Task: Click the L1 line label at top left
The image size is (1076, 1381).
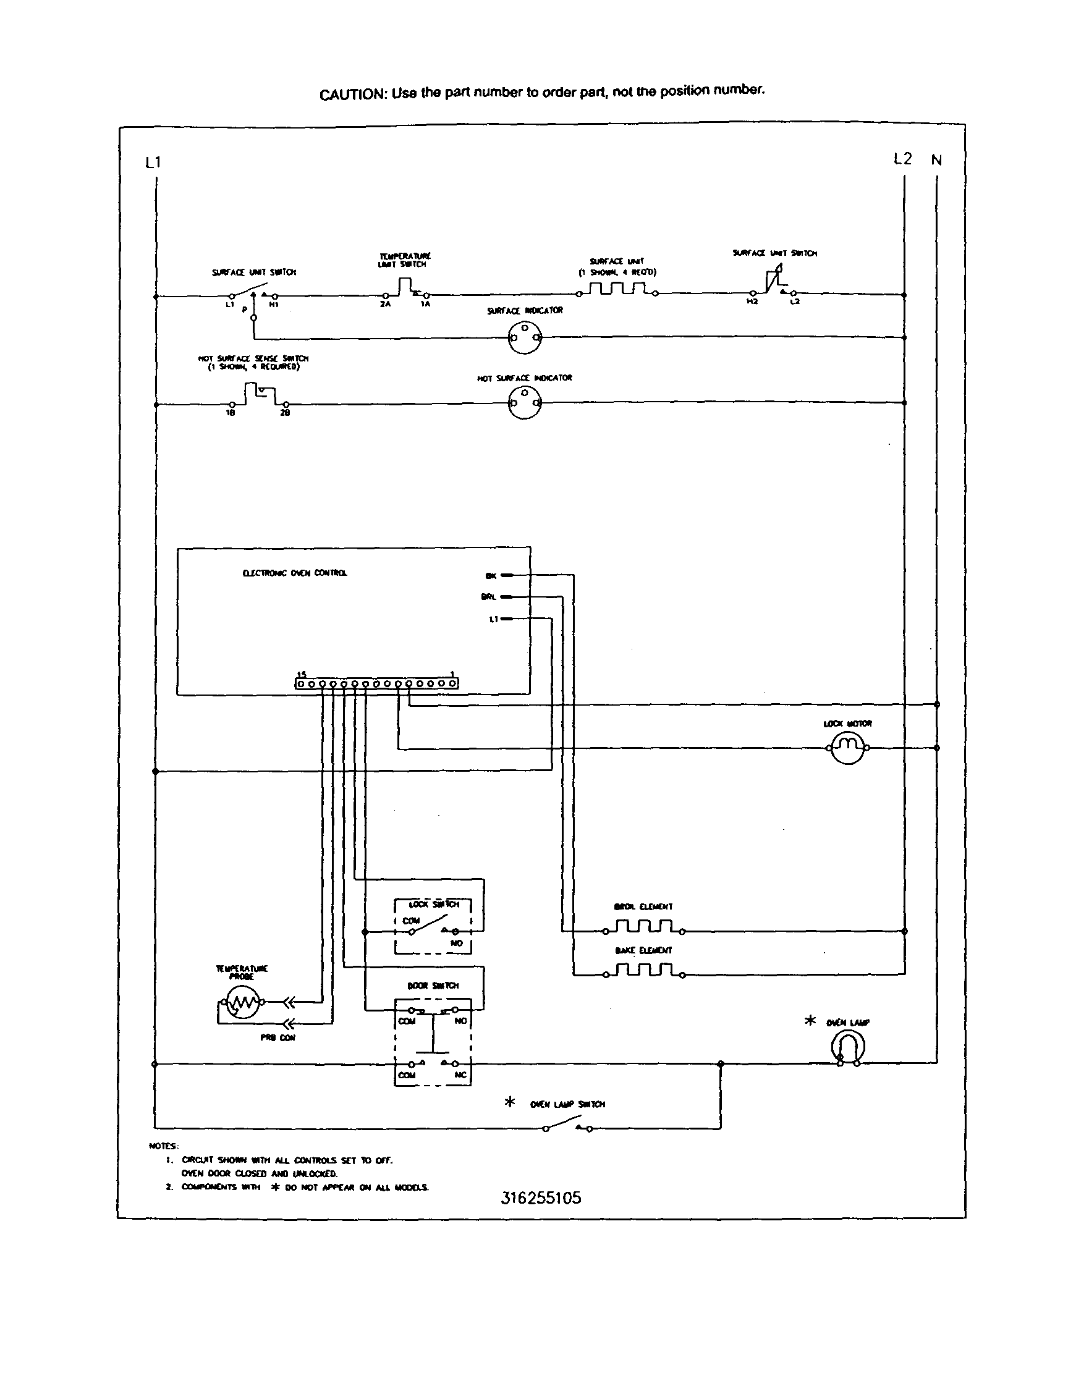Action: (153, 163)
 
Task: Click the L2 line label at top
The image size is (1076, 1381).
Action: (903, 159)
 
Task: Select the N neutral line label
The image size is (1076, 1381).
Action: (936, 161)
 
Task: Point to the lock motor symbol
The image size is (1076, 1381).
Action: (847, 748)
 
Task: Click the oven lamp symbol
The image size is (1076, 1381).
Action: (848, 1048)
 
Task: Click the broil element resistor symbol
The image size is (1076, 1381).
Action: (644, 928)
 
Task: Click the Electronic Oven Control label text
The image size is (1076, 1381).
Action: (295, 573)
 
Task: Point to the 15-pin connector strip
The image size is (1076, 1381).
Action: (376, 683)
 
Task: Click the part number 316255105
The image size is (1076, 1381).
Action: (541, 1198)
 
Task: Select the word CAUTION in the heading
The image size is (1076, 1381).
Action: (352, 95)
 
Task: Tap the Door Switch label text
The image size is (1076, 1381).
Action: (433, 986)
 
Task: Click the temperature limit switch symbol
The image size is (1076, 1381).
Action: (405, 290)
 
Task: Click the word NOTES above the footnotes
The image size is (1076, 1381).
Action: (164, 1146)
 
